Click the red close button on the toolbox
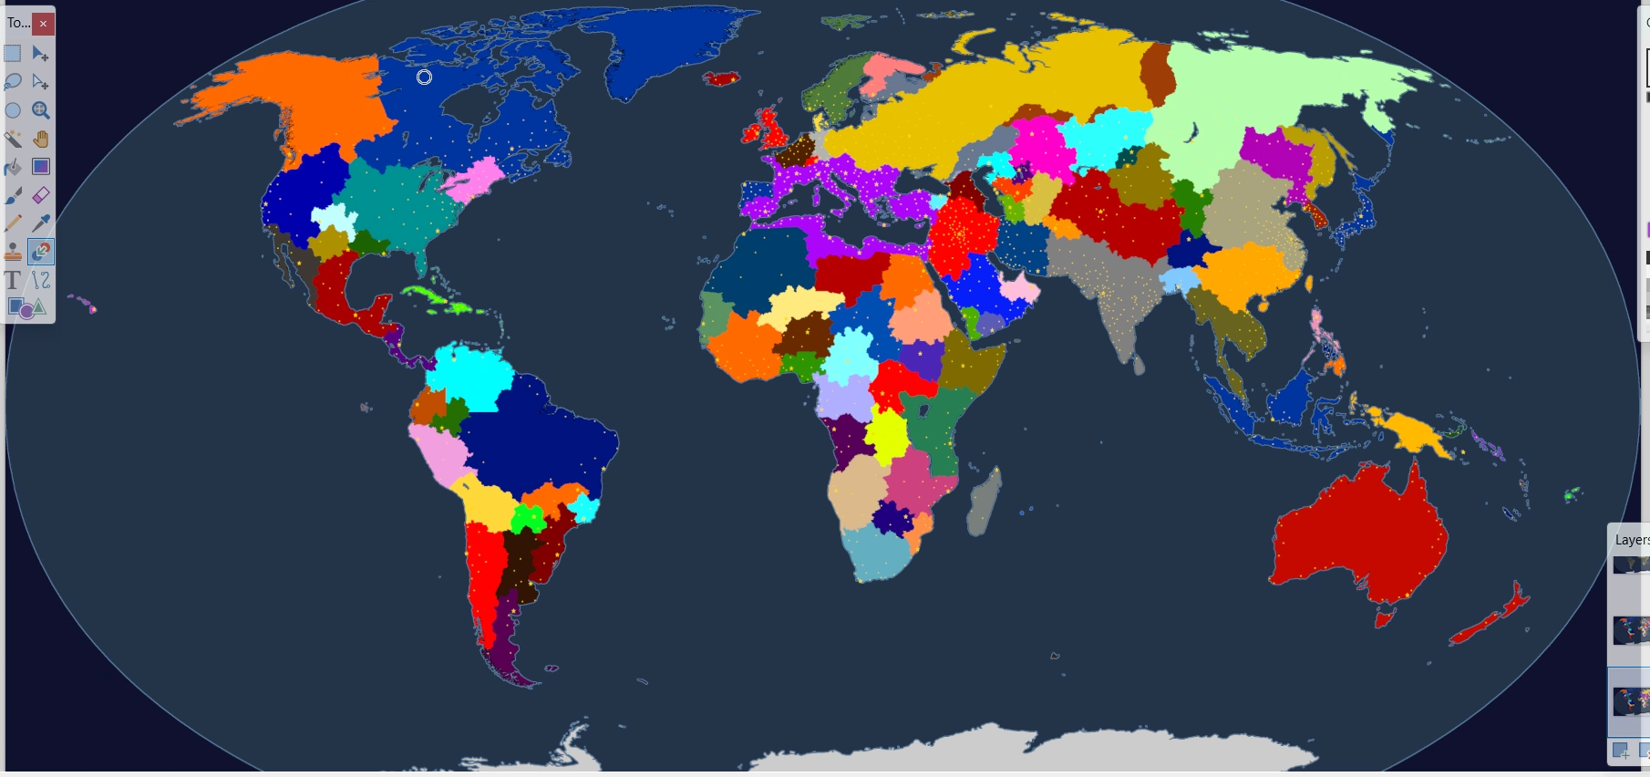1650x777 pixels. coord(43,24)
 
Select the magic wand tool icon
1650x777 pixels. coord(13,139)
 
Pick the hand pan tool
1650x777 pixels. coord(41,139)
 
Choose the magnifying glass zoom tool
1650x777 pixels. coord(41,110)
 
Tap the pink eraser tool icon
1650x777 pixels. coord(41,195)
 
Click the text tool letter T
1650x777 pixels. coord(13,280)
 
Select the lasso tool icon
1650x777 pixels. coord(13,82)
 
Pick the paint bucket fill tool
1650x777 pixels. coord(13,167)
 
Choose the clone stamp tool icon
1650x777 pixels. coord(13,252)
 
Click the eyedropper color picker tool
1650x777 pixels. coord(41,223)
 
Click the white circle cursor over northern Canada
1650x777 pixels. coord(424,78)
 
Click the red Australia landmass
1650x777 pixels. coord(1358,538)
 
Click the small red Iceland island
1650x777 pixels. coord(722,79)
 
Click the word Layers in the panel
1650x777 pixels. coord(1631,540)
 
